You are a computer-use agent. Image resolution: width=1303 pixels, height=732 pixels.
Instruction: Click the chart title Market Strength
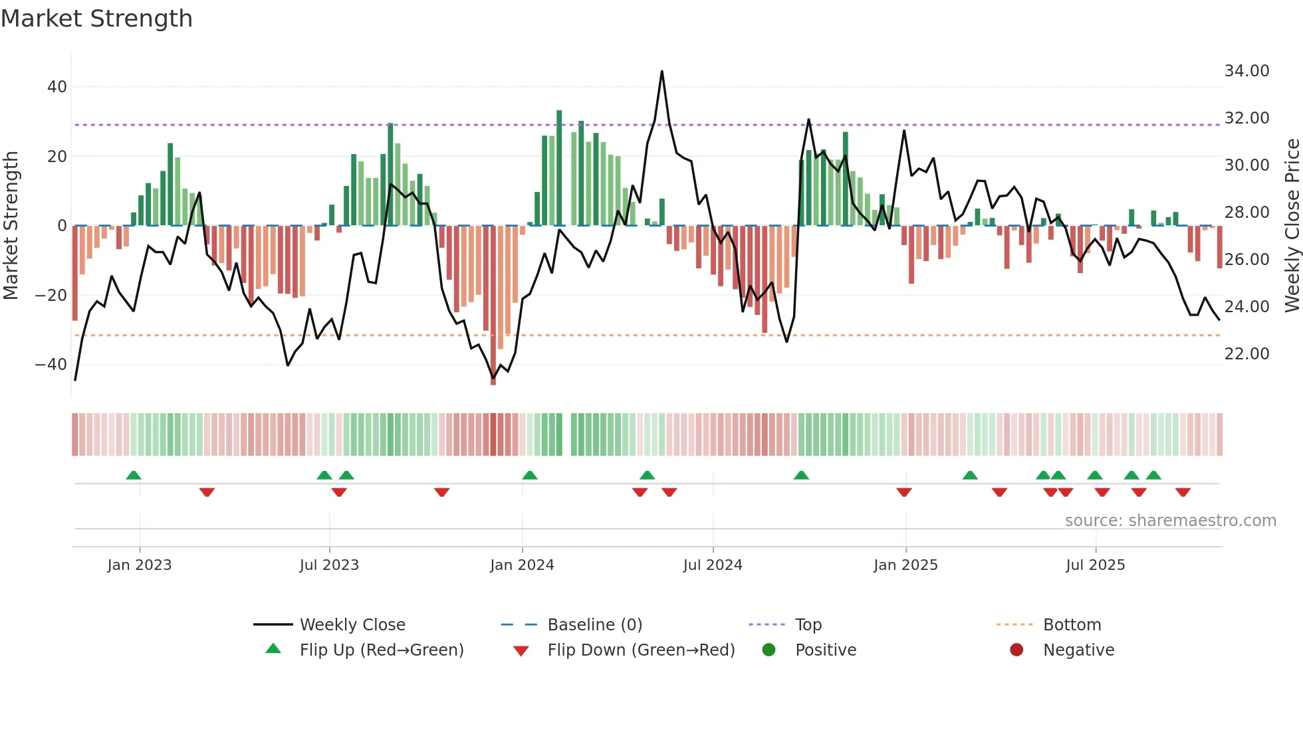click(96, 19)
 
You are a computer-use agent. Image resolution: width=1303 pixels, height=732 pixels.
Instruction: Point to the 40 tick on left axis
click(57, 87)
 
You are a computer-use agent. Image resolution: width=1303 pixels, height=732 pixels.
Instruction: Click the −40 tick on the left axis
click(51, 365)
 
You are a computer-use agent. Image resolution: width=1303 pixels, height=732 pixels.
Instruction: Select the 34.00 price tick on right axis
click(1246, 71)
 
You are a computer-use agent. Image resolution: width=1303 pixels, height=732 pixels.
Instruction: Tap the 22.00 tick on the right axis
click(1246, 354)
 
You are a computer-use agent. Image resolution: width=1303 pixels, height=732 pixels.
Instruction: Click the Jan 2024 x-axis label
click(522, 565)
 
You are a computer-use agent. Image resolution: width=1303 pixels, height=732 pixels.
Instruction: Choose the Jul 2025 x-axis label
click(1095, 565)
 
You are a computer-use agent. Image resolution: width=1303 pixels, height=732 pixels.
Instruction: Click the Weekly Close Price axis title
click(1292, 226)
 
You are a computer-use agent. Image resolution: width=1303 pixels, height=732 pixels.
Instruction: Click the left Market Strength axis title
click(11, 226)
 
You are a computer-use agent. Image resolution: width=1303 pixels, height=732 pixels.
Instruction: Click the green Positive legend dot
click(769, 650)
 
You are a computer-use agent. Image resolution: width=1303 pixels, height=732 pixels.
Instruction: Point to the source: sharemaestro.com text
click(1170, 521)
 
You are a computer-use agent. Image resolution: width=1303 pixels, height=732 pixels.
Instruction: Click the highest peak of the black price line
click(662, 72)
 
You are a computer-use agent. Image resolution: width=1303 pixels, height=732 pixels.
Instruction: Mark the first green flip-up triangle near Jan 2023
click(134, 476)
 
